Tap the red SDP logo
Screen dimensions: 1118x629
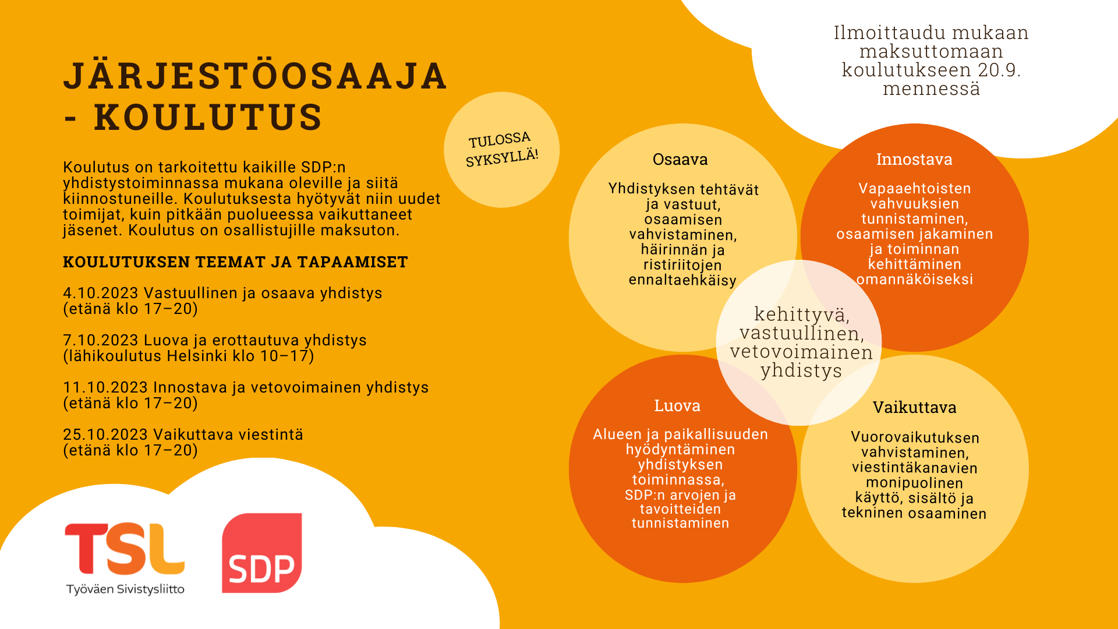pos(262,553)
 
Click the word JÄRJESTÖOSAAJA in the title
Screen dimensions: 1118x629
pos(255,76)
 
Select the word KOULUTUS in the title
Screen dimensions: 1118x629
pos(208,116)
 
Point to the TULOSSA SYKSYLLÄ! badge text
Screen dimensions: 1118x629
pos(501,149)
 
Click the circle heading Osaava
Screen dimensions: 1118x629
pos(680,160)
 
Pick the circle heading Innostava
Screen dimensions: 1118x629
pos(914,160)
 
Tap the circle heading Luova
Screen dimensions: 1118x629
pos(677,406)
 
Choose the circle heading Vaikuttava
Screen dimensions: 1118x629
pos(914,408)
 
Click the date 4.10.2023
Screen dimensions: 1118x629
pos(101,293)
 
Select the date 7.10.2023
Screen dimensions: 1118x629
pos(101,340)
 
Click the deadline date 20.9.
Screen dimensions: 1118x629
pos(999,70)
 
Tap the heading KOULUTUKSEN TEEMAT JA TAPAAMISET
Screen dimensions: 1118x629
pos(235,262)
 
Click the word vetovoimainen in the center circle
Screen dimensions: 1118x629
pos(801,352)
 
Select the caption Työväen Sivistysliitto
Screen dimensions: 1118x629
pos(125,589)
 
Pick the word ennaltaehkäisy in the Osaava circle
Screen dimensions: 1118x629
pos(682,280)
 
